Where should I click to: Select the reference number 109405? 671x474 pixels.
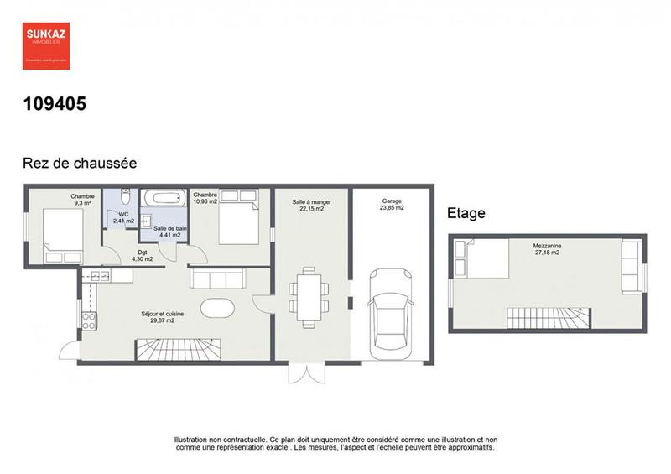point(55,104)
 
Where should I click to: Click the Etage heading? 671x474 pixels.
point(466,214)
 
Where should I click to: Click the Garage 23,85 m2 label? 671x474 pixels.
point(393,205)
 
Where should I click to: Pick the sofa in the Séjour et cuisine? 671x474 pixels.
point(217,278)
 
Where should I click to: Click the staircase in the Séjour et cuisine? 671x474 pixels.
point(176,346)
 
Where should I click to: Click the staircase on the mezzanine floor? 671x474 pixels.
point(549,319)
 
